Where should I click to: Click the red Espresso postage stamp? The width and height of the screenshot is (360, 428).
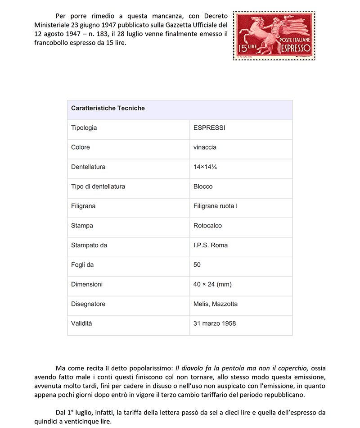274,36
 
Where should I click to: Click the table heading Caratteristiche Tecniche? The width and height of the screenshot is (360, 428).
108,108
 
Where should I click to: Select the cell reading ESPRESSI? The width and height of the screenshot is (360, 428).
209,128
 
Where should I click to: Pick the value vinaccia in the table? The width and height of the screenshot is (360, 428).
205,147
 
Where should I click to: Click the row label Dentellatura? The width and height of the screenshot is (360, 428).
88,167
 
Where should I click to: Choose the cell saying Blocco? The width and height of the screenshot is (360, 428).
203,187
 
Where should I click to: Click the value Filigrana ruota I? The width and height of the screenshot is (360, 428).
216,206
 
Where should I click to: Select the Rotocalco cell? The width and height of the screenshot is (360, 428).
207,226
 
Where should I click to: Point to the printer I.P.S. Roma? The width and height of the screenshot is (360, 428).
211,245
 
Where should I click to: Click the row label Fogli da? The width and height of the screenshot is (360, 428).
82,265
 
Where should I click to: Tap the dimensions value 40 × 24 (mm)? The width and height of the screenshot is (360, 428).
212,284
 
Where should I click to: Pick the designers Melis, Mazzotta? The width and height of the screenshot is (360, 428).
216,304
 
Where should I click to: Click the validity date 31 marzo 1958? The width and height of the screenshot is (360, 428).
215,323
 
